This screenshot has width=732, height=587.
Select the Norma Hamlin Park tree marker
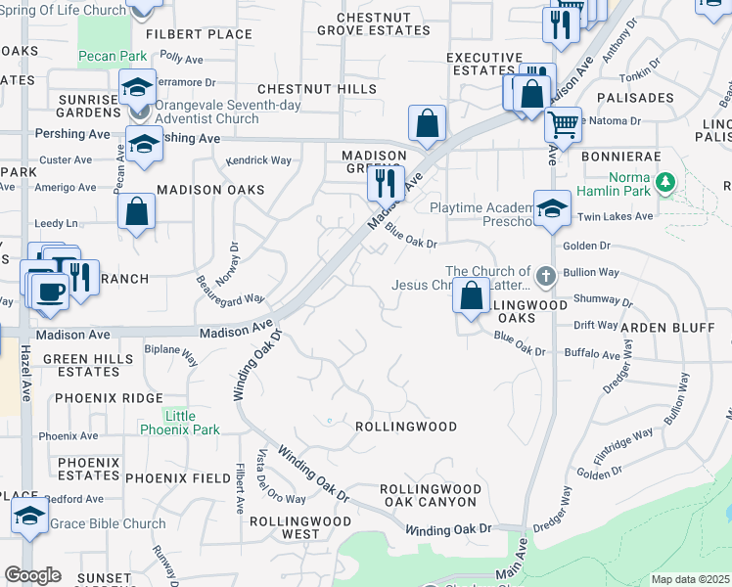[x=666, y=182]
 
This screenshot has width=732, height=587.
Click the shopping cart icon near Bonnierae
[x=563, y=124]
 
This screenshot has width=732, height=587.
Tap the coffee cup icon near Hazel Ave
[x=49, y=290]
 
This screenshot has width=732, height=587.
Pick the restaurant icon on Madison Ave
[x=386, y=182]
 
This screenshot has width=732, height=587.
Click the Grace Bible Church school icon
[x=29, y=515]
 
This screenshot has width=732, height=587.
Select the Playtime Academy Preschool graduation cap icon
[x=552, y=207]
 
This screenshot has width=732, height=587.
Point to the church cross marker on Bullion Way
[x=545, y=277]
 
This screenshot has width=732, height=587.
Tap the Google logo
[x=32, y=575]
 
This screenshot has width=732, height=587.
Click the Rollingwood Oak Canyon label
[x=430, y=495]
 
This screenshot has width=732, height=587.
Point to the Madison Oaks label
[x=210, y=189]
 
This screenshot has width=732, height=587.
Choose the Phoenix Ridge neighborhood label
[x=109, y=398]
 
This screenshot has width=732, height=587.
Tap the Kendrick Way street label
[x=258, y=159]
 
